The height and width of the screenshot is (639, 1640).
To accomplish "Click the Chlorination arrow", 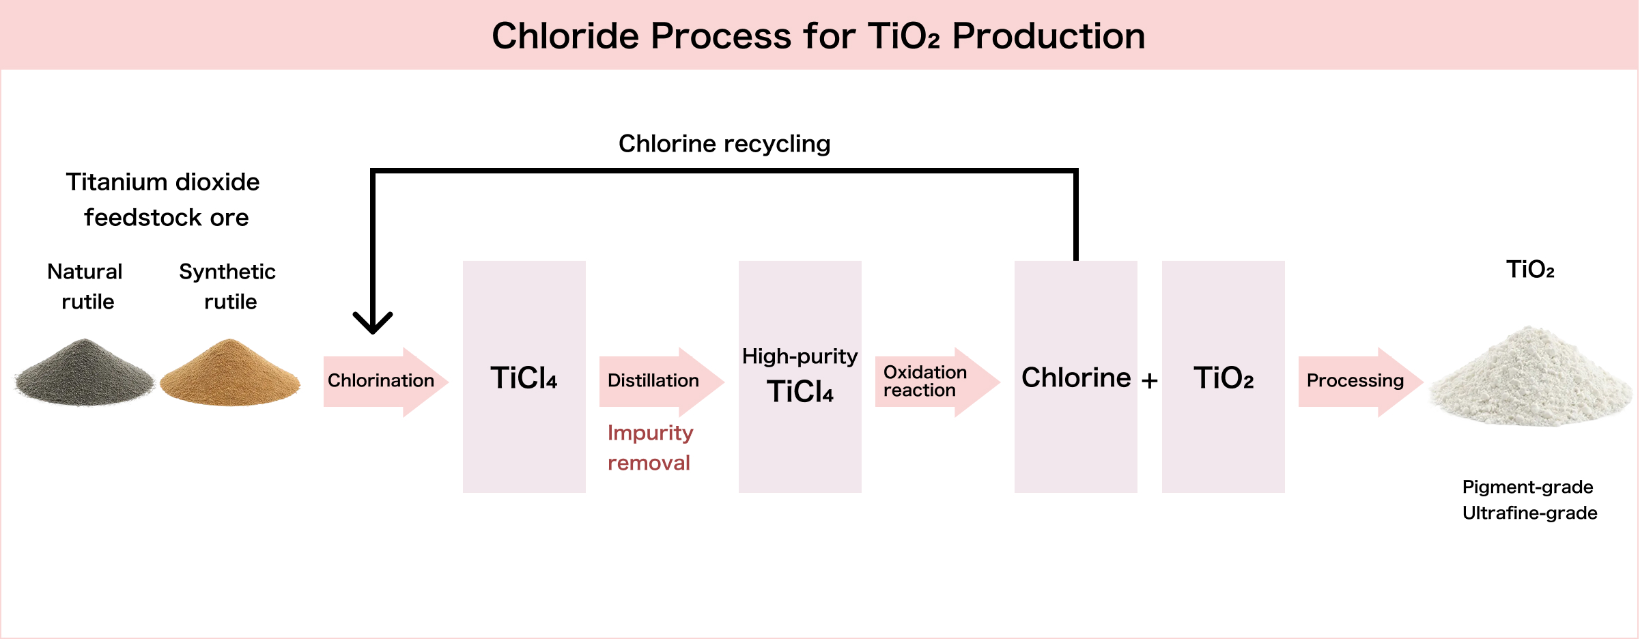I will tap(382, 381).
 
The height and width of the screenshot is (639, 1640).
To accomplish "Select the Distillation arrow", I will tap(655, 381).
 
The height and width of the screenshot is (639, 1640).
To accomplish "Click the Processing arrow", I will tap(1356, 381).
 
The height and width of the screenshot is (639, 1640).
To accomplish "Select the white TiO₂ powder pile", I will tap(1529, 379).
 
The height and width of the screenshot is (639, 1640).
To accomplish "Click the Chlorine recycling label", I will tap(724, 144).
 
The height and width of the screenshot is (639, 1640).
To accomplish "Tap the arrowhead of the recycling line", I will tap(373, 322).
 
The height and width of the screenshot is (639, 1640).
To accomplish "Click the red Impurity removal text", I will tap(650, 448).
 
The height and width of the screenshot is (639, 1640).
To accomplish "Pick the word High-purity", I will tap(800, 356).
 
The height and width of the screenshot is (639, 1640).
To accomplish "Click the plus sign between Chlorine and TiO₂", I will tap(1150, 380).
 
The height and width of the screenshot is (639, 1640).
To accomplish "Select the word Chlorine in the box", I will tap(1076, 378).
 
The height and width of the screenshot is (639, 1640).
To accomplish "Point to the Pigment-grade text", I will tap(1527, 487).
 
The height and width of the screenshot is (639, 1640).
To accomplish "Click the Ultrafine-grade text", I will tap(1529, 513).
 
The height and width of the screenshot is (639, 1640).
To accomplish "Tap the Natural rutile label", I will tap(85, 286).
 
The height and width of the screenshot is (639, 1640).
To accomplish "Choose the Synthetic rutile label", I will tap(228, 286).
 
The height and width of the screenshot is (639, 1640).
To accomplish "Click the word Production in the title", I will tap(1048, 36).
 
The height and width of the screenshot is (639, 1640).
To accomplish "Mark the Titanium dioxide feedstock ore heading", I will tap(164, 199).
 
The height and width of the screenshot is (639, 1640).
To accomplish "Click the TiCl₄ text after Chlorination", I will tap(524, 378).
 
